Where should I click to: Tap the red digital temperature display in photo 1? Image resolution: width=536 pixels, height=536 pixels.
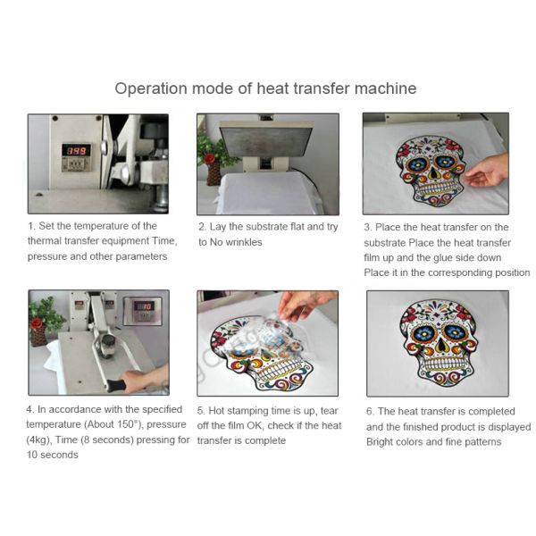pyautogui.click(x=75, y=152)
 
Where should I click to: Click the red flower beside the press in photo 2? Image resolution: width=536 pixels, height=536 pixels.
pyautogui.click(x=211, y=158)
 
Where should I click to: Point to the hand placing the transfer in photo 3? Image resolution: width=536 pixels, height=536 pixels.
pyautogui.click(x=489, y=170)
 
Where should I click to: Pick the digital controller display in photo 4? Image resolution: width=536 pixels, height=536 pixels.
pyautogui.click(x=144, y=307)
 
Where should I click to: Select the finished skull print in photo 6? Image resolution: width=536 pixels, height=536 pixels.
pyautogui.click(x=437, y=340)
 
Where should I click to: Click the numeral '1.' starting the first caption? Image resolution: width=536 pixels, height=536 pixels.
pyautogui.click(x=31, y=226)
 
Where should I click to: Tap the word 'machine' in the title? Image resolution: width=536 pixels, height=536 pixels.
pyautogui.click(x=385, y=88)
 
